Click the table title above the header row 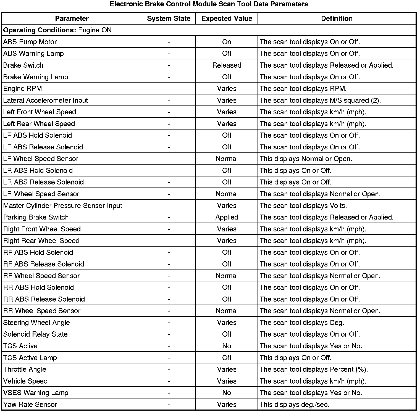[209, 4]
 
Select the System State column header [169, 19]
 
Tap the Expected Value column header [227, 19]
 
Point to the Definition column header [337, 19]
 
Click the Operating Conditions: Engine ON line [57, 30]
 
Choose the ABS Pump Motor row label [30, 42]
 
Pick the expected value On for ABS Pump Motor [227, 42]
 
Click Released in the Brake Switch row [227, 65]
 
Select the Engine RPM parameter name [23, 89]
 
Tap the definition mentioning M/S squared [320, 101]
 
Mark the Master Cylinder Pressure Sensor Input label [63, 206]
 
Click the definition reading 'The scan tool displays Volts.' [303, 206]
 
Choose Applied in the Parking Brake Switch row [227, 217]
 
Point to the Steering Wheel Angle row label [36, 323]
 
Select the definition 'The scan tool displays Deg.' [302, 323]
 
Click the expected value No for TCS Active [227, 346]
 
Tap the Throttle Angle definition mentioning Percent [314, 369]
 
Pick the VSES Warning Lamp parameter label [36, 393]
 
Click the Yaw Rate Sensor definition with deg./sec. [294, 405]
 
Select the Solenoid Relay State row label [35, 334]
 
